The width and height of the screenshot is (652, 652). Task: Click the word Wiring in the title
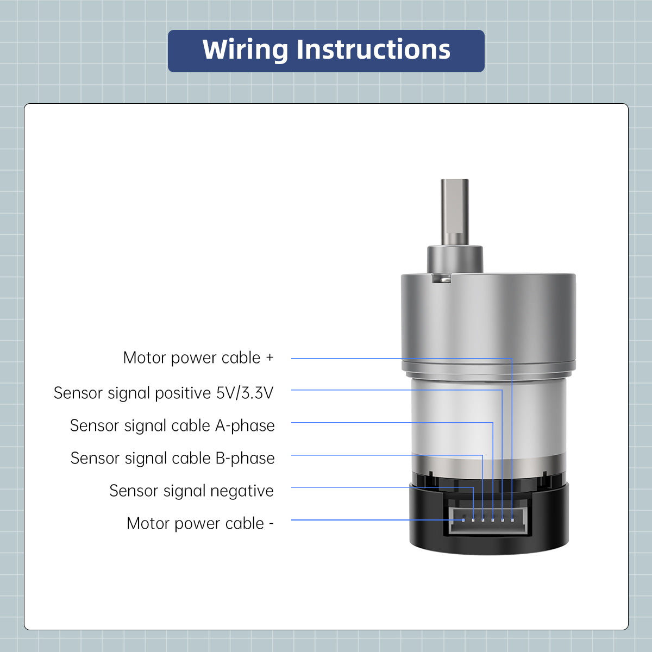coord(245,50)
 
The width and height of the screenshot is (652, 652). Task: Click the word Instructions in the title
coord(374,50)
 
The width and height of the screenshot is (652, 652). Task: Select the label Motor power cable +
coord(198,358)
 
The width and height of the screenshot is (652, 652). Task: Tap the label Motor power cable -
coord(200,523)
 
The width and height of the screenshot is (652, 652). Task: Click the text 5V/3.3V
coord(244,393)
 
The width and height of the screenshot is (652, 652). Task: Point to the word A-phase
coord(245,425)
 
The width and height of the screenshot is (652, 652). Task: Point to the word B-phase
coord(245,458)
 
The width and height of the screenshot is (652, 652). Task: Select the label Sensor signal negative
coord(191,491)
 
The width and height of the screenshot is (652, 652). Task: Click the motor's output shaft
coord(455,212)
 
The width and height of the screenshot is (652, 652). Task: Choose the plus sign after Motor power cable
coord(270,358)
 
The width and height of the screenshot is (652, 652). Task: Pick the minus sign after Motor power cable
coord(271,524)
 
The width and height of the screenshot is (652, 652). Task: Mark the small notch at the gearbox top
coord(442,278)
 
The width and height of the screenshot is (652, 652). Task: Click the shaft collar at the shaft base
coord(455,259)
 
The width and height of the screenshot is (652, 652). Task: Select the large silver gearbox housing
coord(488,321)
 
